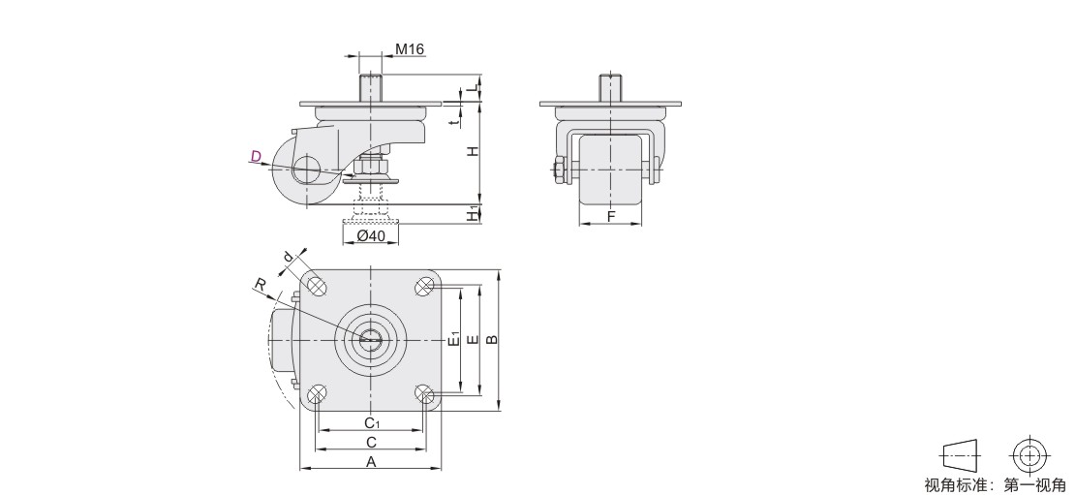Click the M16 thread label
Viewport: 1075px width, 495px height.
(410, 49)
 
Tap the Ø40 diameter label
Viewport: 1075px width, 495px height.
(371, 235)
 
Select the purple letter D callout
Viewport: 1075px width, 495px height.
(256, 156)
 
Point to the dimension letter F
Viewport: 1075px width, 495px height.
(611, 217)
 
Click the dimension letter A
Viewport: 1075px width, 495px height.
(371, 461)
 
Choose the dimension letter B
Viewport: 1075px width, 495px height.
(492, 339)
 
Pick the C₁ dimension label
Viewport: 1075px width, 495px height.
(371, 421)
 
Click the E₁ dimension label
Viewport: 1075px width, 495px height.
(452, 339)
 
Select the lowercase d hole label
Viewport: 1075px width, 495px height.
(289, 257)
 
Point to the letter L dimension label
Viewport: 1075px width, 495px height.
(472, 88)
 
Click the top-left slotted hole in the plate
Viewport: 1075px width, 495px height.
(316, 285)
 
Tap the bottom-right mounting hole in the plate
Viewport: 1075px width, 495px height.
(424, 394)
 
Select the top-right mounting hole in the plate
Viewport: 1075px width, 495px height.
(424, 285)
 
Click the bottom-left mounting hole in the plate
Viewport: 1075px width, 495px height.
(316, 394)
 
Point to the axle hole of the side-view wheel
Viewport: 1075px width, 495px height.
(306, 168)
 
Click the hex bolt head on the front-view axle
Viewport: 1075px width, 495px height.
(559, 170)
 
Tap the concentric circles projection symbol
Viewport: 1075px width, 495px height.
(1030, 454)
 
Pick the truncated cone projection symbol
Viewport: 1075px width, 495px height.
(963, 454)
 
